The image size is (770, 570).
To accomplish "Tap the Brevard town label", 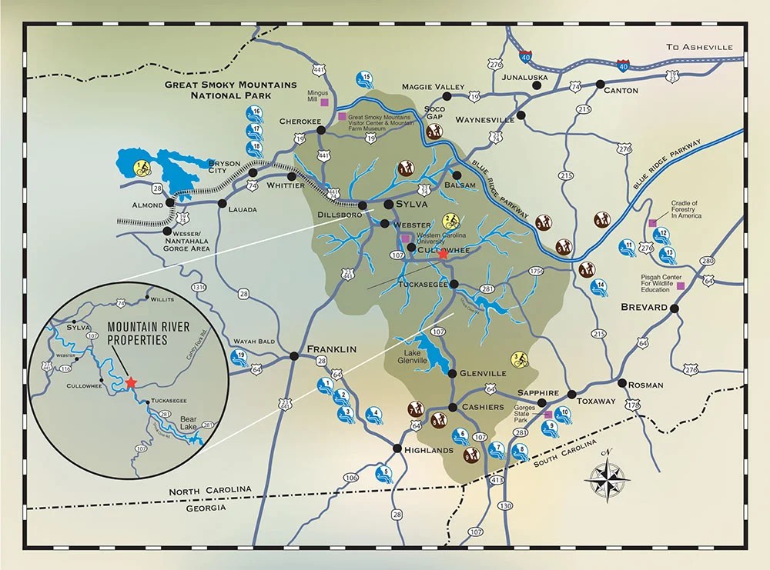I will (x=644, y=308).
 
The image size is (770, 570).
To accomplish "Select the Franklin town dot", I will (x=294, y=355).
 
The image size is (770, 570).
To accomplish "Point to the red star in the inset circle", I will (x=131, y=382).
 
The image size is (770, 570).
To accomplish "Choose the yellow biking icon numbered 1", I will (x=142, y=167).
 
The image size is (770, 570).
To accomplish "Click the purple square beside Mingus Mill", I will (x=325, y=102).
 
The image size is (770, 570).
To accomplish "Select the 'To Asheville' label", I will (x=700, y=48).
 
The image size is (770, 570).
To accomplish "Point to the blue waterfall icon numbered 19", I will (x=239, y=357).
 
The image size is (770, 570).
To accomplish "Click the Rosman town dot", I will (x=621, y=382).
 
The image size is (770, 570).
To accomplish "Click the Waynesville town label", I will (x=484, y=121).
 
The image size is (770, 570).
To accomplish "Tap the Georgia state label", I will (x=201, y=508).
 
